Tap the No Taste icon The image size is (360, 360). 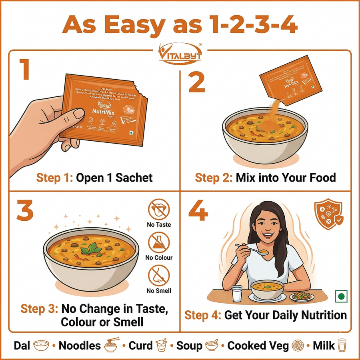(159, 210)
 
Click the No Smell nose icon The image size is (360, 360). (159, 276)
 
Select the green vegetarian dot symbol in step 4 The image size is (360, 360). (341, 296)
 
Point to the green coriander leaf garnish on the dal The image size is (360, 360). (90, 250)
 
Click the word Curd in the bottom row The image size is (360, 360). (140, 346)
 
